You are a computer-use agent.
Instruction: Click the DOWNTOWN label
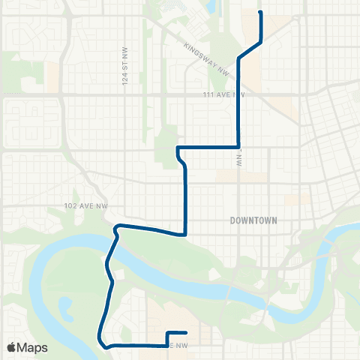click(253, 220)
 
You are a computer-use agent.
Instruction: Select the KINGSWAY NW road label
click(207, 58)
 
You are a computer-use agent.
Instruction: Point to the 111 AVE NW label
click(224, 95)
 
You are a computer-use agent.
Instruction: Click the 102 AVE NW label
click(81, 205)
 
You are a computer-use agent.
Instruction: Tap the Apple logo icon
click(11, 347)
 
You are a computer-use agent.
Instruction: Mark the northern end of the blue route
click(260, 13)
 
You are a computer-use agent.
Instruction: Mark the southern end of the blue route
click(185, 332)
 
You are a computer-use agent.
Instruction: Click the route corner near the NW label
click(238, 147)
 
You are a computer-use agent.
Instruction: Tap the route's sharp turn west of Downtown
click(185, 233)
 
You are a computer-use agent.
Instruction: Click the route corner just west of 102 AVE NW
click(115, 226)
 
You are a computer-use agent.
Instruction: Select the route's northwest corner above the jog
click(178, 148)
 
